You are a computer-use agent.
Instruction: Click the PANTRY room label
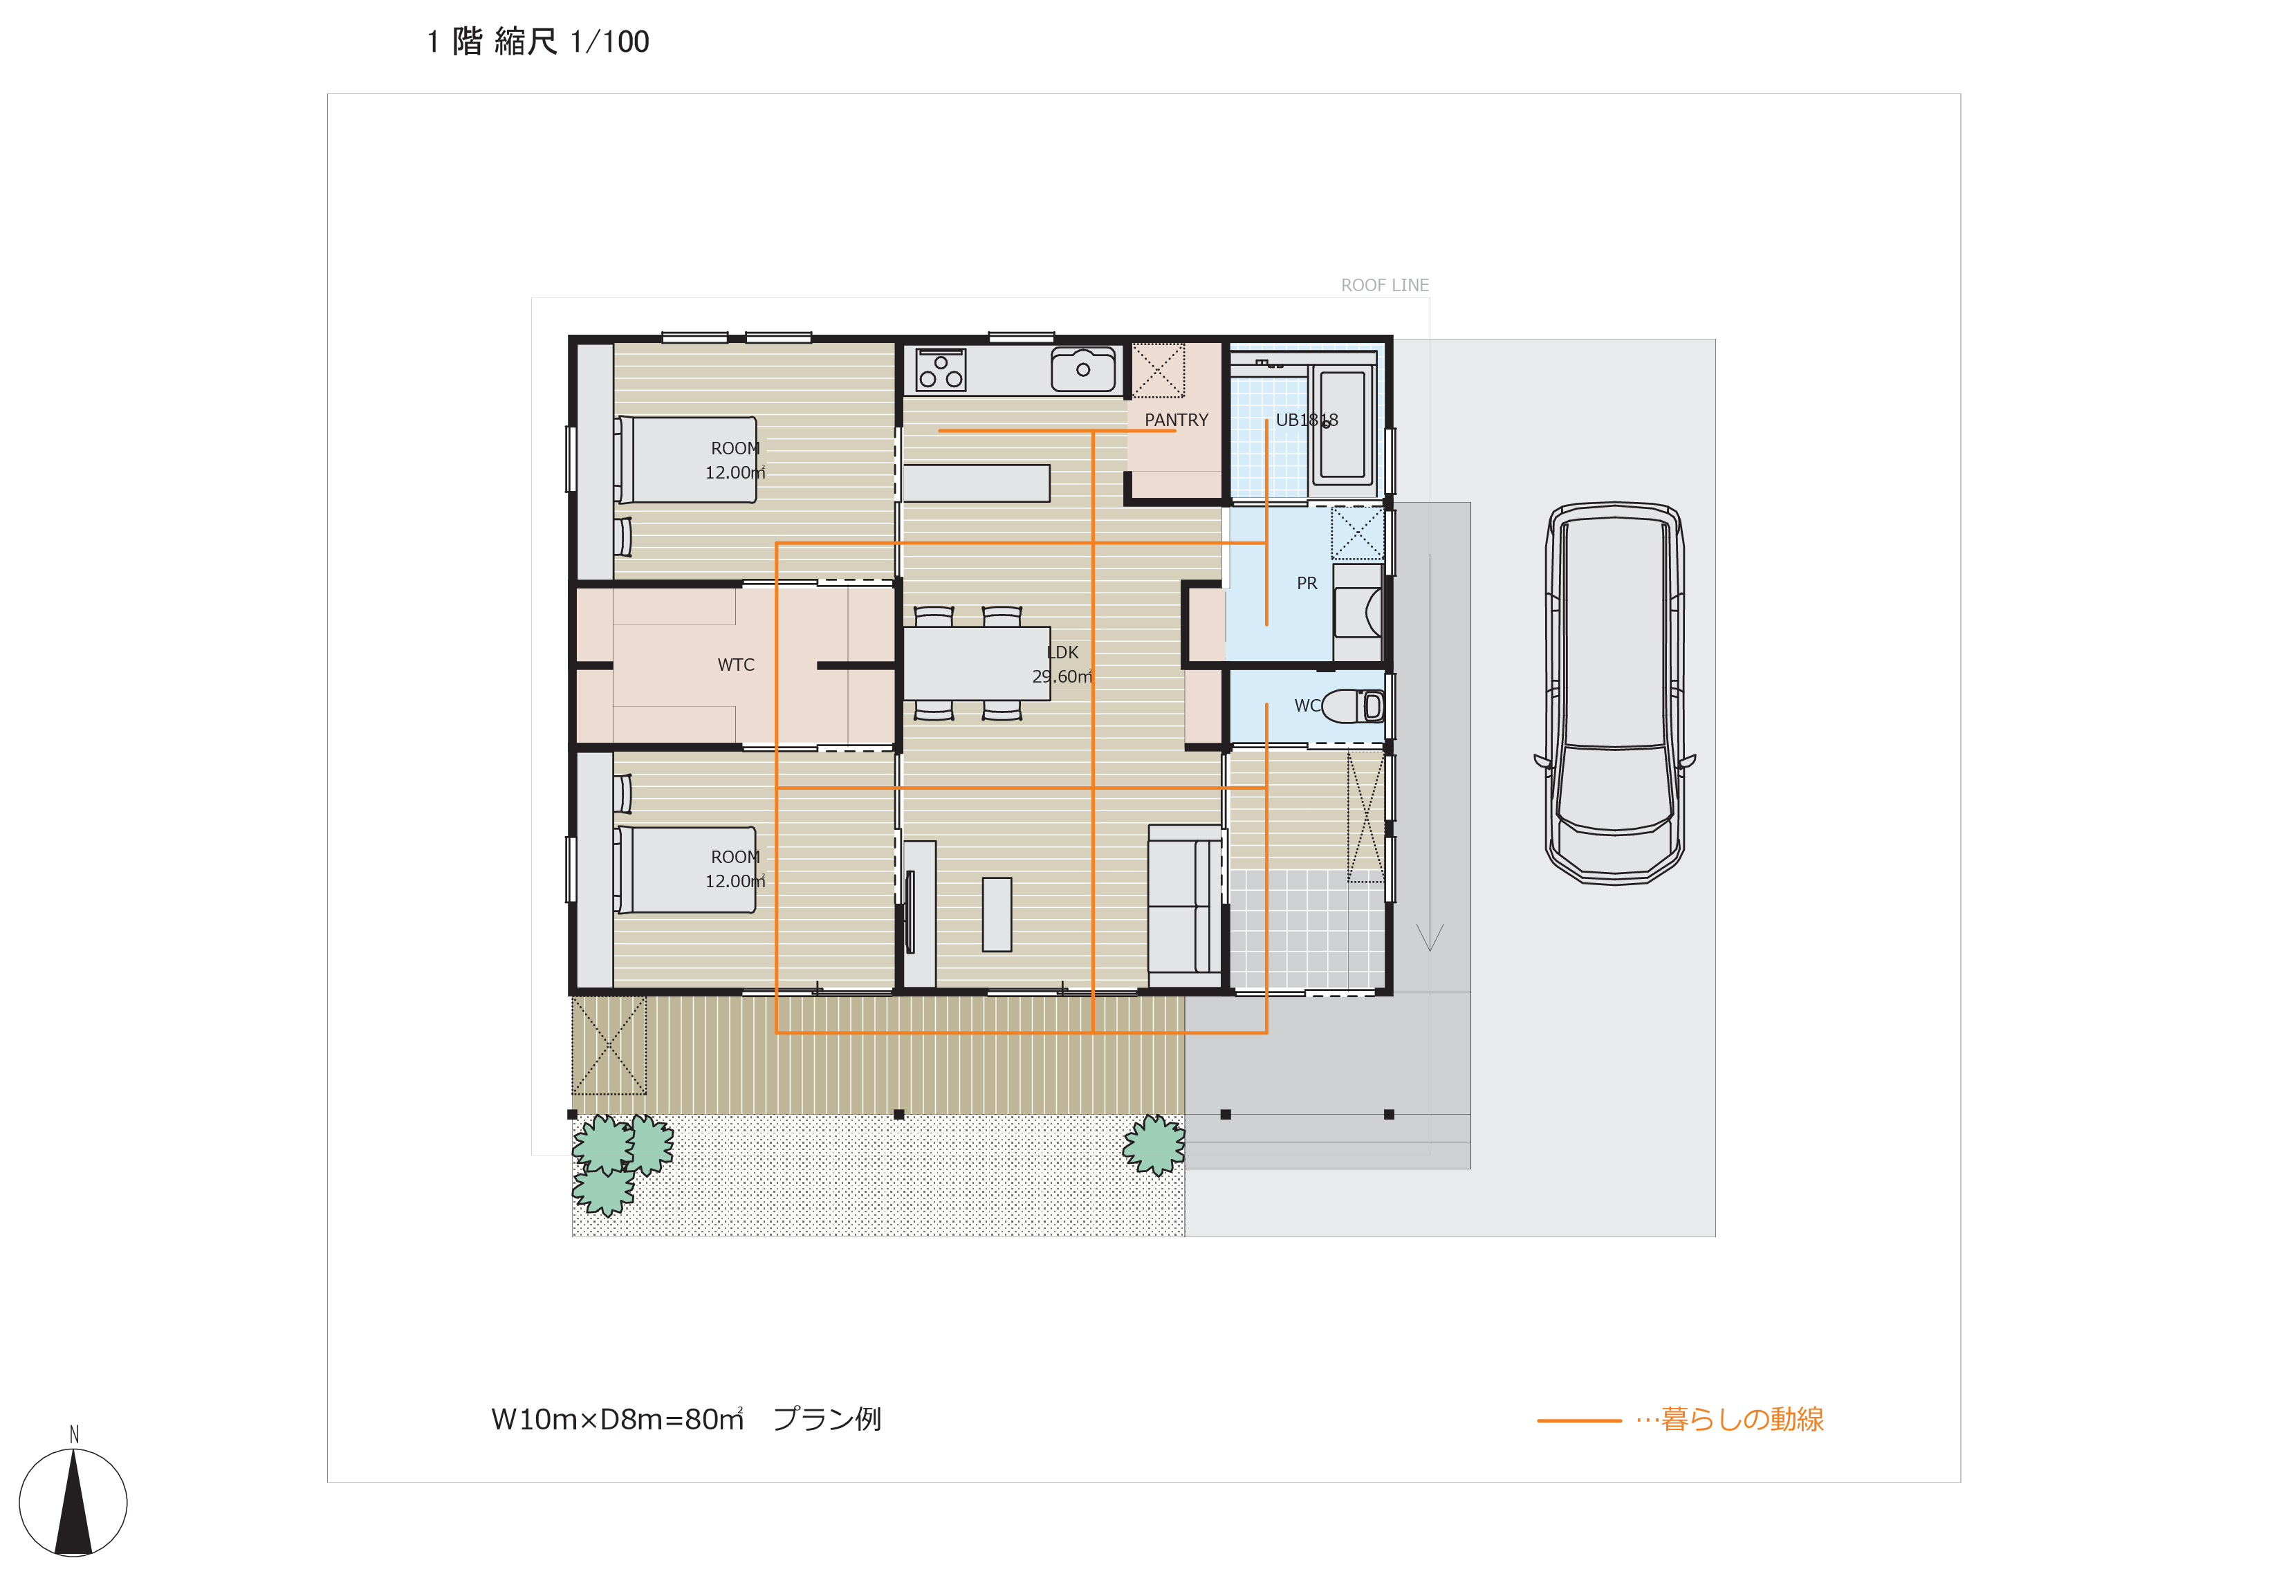(1175, 420)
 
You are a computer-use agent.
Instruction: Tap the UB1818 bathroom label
(1307, 420)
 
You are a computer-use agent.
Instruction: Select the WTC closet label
(736, 665)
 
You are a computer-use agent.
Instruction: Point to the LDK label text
(1062, 653)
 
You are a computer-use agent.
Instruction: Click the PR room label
(1307, 584)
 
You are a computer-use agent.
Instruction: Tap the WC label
(1307, 706)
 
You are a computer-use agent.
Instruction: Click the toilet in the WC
(1353, 706)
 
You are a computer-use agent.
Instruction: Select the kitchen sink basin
(1083, 370)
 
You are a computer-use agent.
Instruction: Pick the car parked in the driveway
(1614, 693)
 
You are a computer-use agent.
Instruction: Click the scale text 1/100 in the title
(609, 41)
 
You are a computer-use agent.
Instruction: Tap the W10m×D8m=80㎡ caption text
(617, 1419)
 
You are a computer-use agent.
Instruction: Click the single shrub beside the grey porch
(1154, 1145)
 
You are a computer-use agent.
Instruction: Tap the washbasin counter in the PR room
(1358, 612)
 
